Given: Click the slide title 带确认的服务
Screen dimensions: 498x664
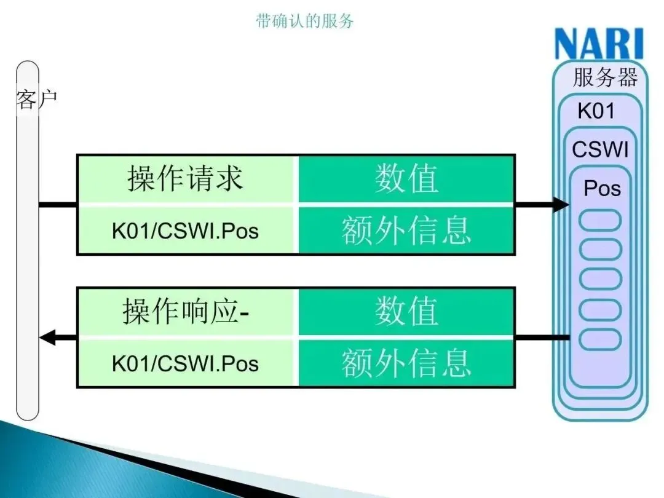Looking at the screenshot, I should (305, 22).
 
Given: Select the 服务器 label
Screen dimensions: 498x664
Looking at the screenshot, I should (605, 78).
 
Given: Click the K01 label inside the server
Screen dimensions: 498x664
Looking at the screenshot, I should (596, 111).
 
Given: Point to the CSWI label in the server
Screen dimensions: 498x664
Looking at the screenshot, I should (600, 149).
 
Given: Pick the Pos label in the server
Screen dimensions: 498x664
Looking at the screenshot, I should (602, 188).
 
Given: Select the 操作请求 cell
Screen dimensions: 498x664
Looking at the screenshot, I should (186, 178).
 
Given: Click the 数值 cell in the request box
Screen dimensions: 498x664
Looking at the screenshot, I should (406, 178).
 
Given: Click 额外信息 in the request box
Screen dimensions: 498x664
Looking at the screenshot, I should (406, 231).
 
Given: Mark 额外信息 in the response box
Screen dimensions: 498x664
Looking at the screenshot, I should (406, 363).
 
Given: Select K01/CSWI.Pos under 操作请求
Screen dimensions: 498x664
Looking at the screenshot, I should (186, 231).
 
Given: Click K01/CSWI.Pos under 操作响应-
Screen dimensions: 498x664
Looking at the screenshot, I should (186, 363).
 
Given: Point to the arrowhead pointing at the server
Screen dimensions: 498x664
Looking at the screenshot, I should (560, 204).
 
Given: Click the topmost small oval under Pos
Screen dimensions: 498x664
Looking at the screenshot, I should (601, 220).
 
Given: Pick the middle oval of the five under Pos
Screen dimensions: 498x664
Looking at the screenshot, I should (601, 279).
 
